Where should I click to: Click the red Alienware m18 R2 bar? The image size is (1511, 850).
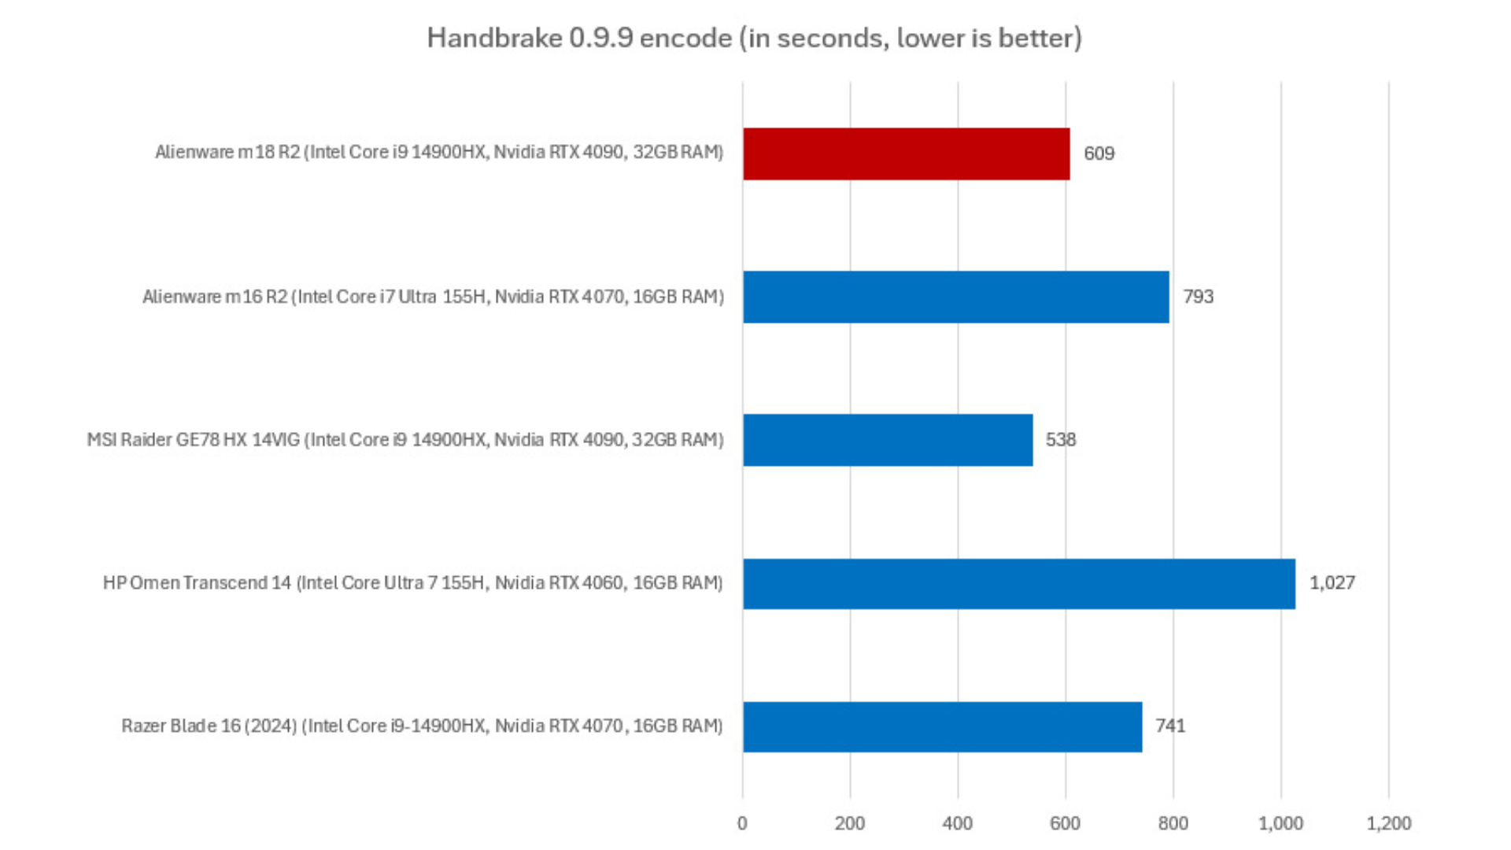point(906,154)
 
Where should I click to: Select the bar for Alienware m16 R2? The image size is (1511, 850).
point(955,297)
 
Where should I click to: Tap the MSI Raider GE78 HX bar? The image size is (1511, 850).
point(887,440)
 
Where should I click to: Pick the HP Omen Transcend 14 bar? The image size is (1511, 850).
point(1018,583)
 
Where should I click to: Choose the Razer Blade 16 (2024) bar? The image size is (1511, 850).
point(942,726)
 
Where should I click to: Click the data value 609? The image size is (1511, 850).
point(1099,153)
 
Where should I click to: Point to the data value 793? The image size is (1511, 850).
point(1198,297)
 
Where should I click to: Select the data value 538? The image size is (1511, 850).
point(1060,440)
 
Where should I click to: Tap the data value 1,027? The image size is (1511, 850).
point(1332,583)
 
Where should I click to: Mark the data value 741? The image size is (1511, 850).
point(1169,726)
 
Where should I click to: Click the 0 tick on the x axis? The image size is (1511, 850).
point(742,823)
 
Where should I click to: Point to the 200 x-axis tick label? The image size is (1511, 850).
point(849,823)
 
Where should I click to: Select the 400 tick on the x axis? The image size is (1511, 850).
point(957,823)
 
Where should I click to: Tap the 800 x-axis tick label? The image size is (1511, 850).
point(1173,823)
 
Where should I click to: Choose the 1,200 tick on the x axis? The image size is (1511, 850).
point(1388,823)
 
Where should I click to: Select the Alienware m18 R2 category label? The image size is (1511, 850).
point(438,152)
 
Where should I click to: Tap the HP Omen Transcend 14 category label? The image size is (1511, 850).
point(412,583)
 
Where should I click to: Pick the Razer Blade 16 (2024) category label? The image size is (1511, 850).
point(422,726)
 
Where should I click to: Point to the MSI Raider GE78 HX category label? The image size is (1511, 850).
point(405,440)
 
